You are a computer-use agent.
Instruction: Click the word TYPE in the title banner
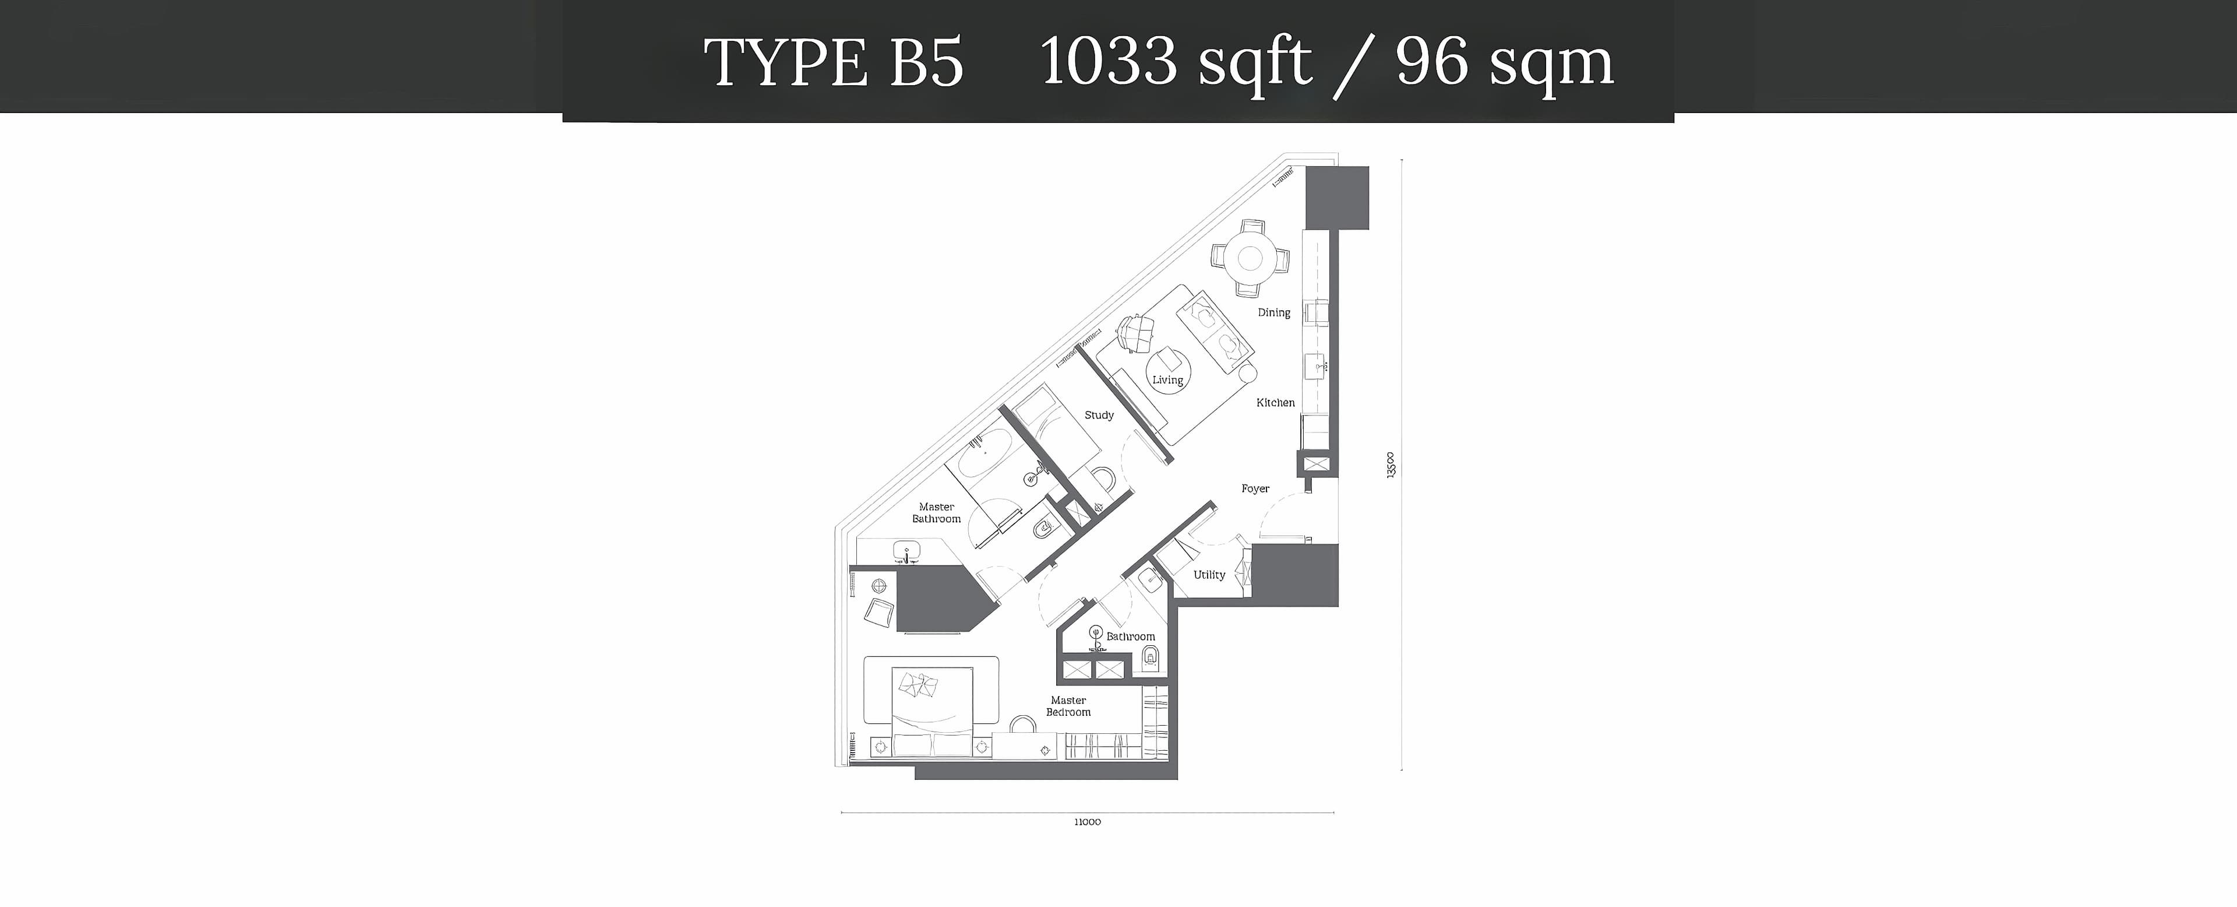point(785,62)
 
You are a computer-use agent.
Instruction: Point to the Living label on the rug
point(1167,379)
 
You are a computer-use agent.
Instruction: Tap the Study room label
point(1099,415)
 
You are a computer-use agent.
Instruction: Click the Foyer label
point(1255,489)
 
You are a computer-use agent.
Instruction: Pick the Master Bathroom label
point(936,512)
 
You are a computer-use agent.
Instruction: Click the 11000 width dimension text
point(1087,822)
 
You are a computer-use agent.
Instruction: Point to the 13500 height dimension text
point(1391,465)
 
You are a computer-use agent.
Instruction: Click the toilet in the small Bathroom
point(1150,659)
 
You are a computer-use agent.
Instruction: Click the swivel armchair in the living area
point(1135,332)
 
